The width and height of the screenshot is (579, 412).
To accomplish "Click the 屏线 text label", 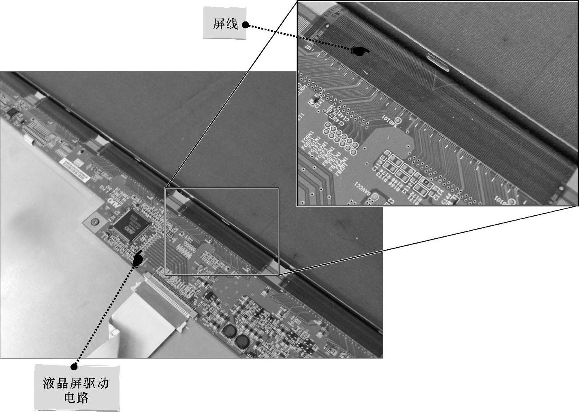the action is click(x=225, y=24).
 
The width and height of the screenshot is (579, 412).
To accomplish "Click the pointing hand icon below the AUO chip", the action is click(x=138, y=258).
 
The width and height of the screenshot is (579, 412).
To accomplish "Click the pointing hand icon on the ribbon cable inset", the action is click(x=360, y=51).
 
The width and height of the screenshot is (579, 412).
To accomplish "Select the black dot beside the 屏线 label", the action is click(x=245, y=25).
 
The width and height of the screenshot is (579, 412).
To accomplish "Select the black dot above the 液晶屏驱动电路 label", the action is click(x=74, y=367).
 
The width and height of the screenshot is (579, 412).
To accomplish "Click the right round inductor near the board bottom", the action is click(x=242, y=341).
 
